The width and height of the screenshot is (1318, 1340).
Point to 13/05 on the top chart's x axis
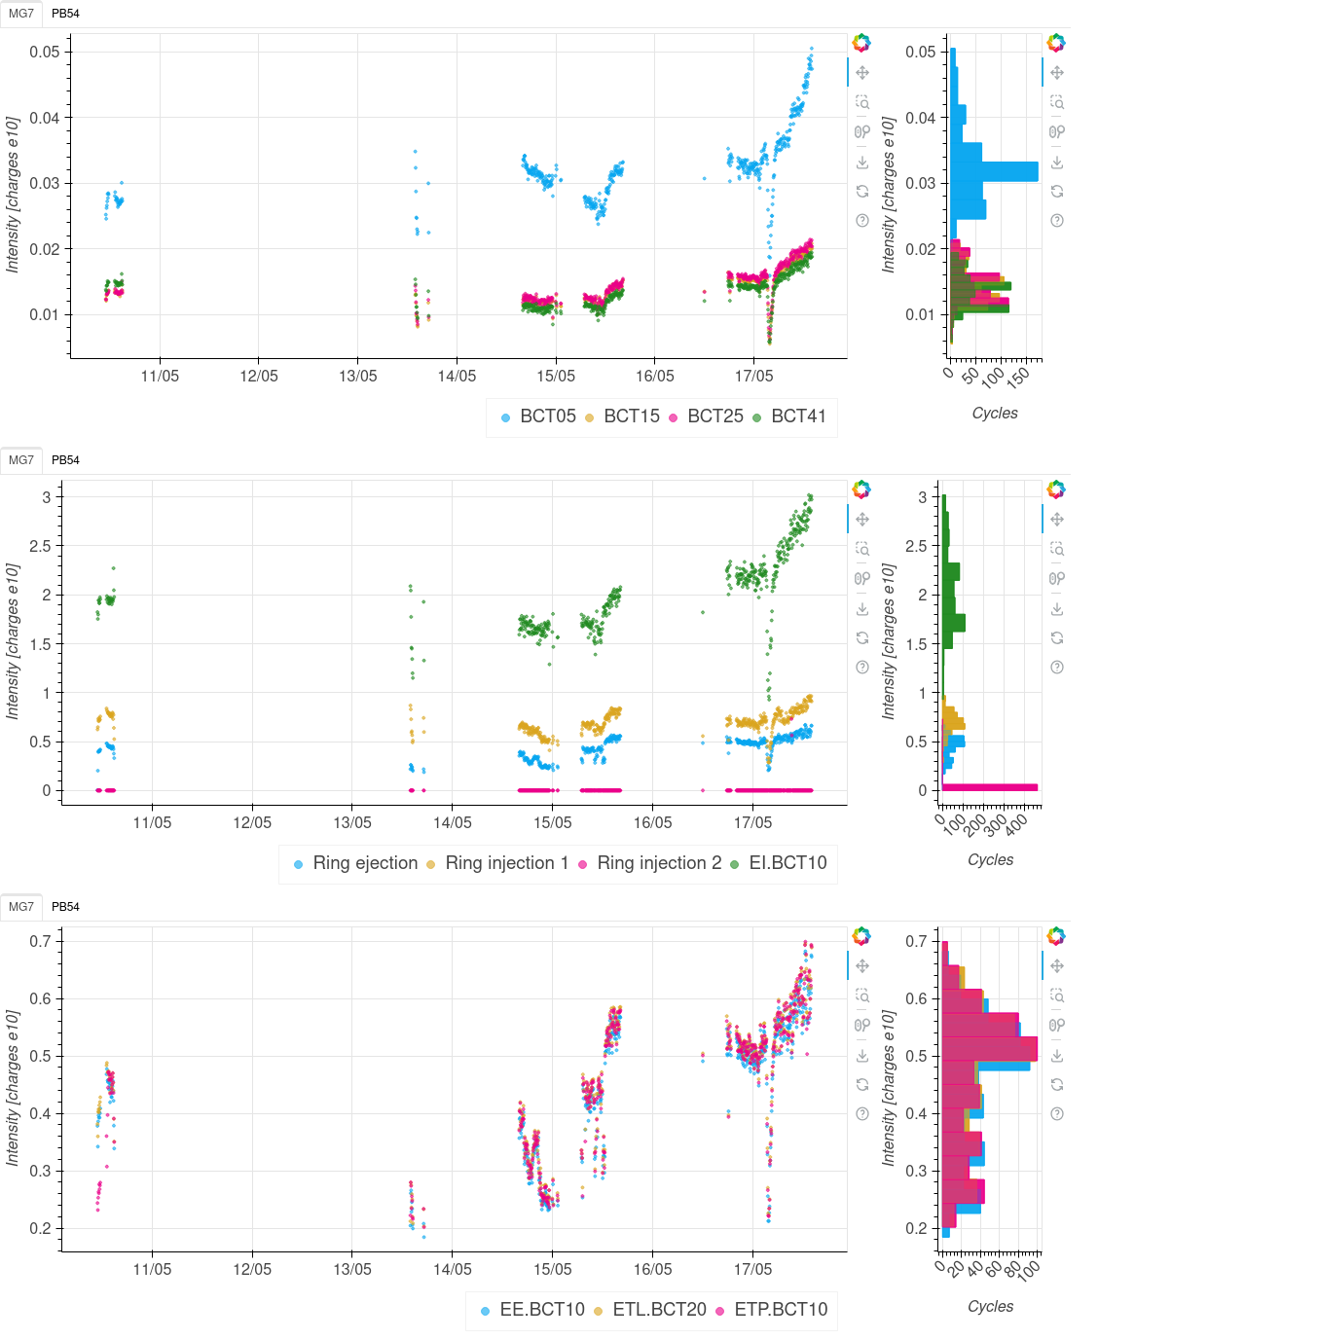pos(357,377)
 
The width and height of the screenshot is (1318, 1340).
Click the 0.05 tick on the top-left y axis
pos(45,53)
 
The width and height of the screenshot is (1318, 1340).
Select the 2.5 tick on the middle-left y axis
pos(40,546)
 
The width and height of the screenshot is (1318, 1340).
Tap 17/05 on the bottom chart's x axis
pos(752,1270)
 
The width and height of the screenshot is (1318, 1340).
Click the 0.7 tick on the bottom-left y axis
pos(40,941)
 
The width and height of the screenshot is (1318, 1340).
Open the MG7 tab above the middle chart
pos(20,460)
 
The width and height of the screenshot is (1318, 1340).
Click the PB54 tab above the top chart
pos(65,14)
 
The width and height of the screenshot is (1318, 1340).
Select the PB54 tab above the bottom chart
pos(65,907)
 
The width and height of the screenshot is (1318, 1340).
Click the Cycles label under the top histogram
pos(995,414)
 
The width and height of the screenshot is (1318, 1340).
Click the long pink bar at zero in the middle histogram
pos(989,787)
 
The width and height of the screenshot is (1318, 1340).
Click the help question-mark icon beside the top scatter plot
pos(862,221)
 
